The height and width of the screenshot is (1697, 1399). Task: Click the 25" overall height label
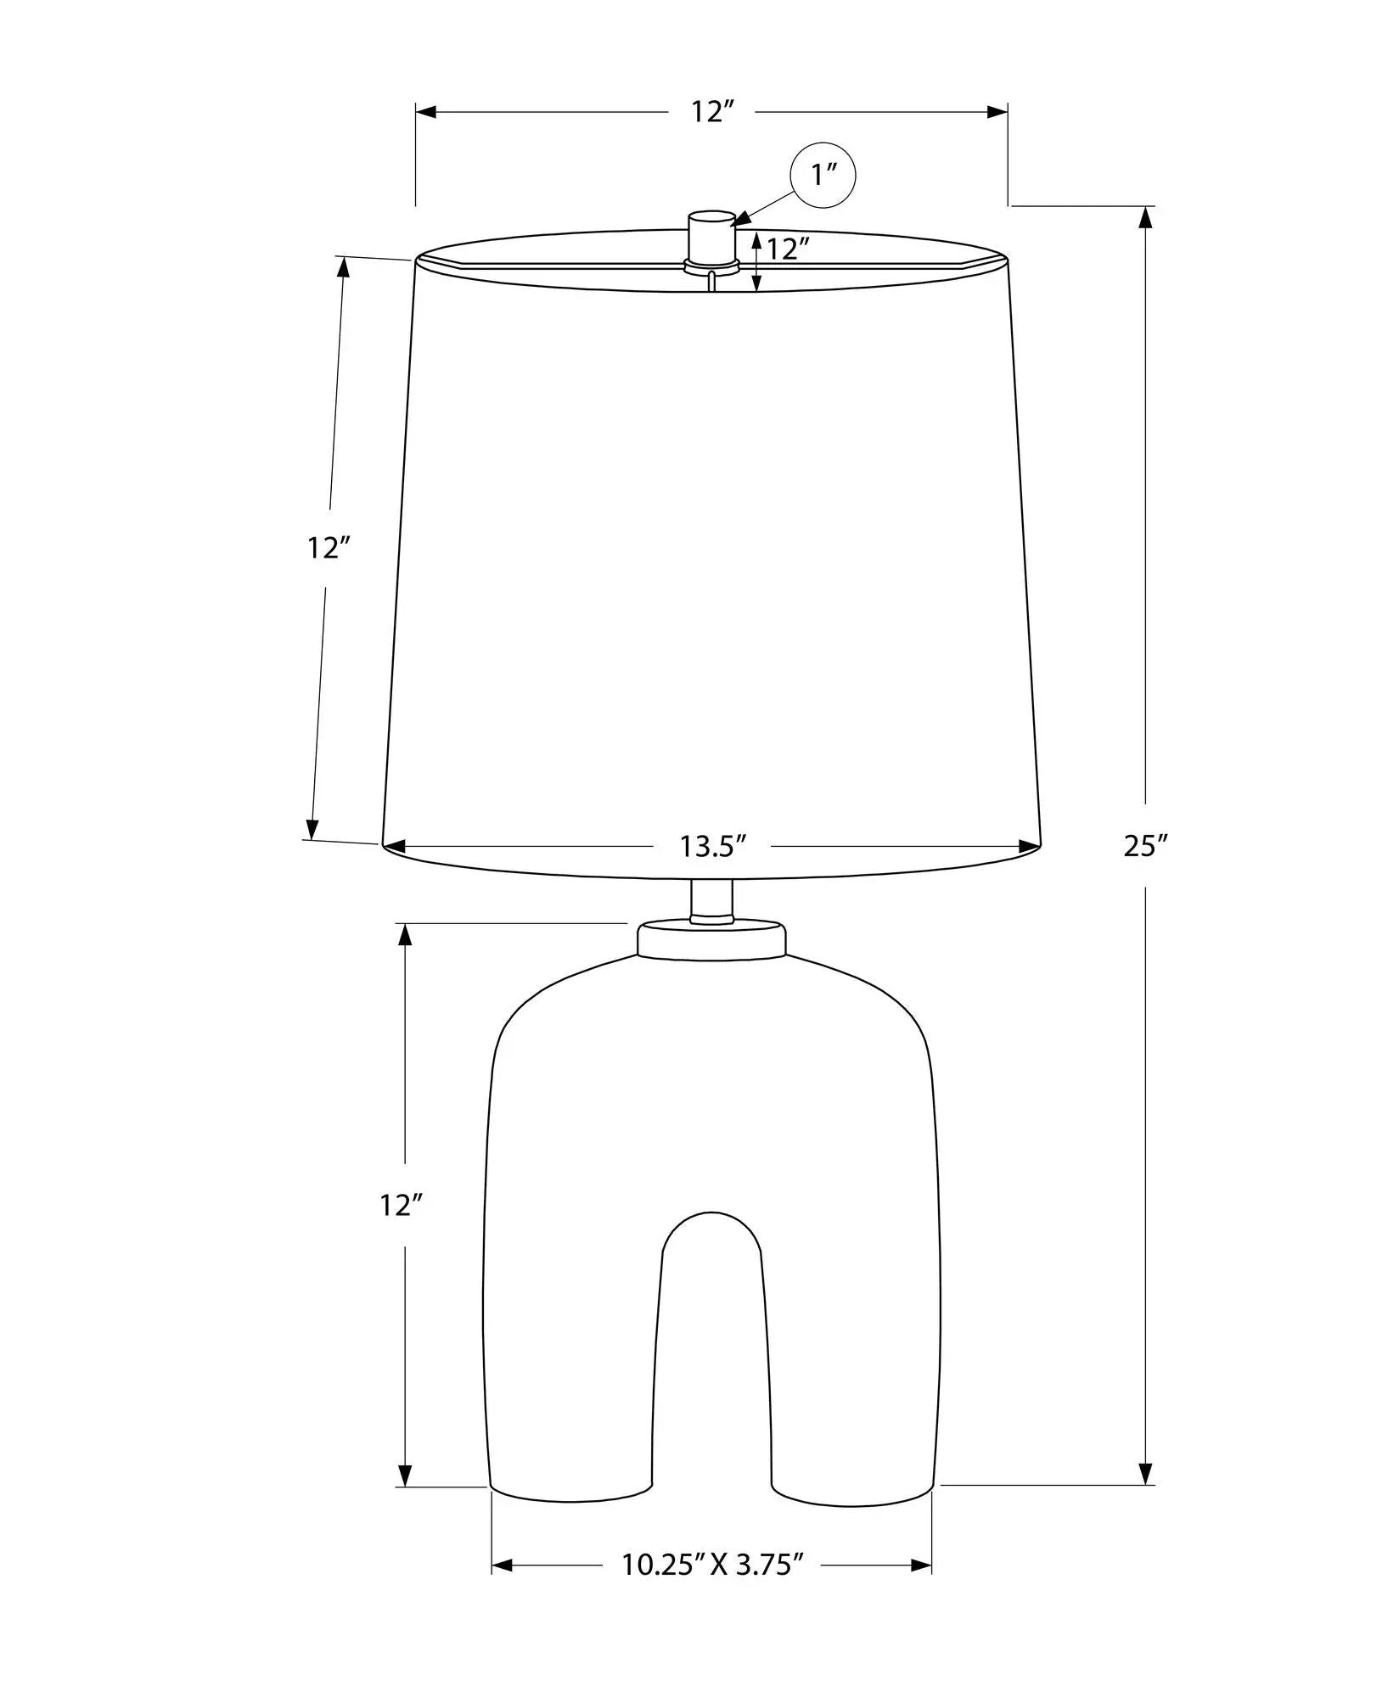[1146, 845]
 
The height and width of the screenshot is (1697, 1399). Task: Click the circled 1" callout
[823, 175]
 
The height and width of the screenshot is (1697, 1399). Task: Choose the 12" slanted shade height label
[329, 548]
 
